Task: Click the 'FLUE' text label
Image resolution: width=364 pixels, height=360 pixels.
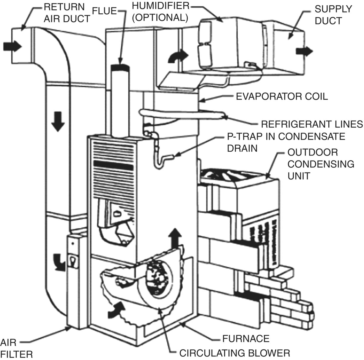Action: pos(104,11)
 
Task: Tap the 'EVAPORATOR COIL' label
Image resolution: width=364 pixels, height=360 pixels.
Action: pos(282,96)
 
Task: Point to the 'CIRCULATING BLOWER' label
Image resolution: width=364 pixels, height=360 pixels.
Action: pos(235,353)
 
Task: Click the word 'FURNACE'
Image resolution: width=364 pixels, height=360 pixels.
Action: pos(246,338)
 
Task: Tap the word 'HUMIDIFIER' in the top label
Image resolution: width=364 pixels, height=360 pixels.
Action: pos(160,6)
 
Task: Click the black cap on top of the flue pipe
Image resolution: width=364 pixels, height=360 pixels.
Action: pos(120,67)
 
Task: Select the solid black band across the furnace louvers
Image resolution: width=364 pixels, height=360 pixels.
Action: pos(113,165)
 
